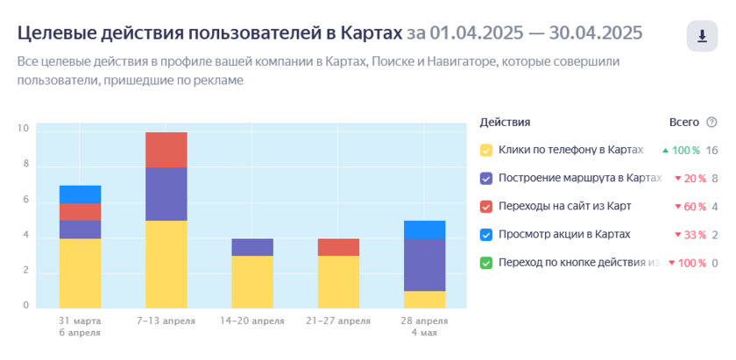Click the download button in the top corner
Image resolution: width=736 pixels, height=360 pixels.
click(702, 36)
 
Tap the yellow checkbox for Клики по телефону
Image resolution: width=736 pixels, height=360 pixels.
click(486, 150)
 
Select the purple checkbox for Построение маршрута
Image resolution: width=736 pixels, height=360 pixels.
click(486, 179)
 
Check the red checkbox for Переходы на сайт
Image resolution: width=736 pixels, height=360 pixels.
click(486, 207)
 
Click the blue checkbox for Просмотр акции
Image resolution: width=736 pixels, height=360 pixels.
click(486, 235)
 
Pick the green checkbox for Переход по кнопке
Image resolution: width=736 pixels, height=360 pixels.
click(486, 263)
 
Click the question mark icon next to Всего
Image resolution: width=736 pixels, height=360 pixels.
click(711, 123)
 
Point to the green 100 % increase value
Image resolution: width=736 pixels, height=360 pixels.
click(681, 151)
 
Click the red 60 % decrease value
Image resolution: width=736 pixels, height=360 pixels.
click(690, 207)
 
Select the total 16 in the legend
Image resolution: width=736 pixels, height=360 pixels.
click(712, 151)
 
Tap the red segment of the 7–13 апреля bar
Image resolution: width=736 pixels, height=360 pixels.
click(166, 150)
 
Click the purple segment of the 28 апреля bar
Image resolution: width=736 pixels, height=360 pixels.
click(424, 265)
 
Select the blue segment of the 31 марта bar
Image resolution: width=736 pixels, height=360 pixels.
click(81, 194)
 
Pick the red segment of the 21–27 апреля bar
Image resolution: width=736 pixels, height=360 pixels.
click(338, 247)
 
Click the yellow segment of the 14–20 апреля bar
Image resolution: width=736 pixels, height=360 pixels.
click(252, 282)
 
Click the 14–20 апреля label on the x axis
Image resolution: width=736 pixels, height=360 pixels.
click(252, 321)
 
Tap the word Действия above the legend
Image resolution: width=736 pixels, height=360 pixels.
click(505, 123)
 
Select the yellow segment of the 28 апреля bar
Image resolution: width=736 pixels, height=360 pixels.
click(424, 300)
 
